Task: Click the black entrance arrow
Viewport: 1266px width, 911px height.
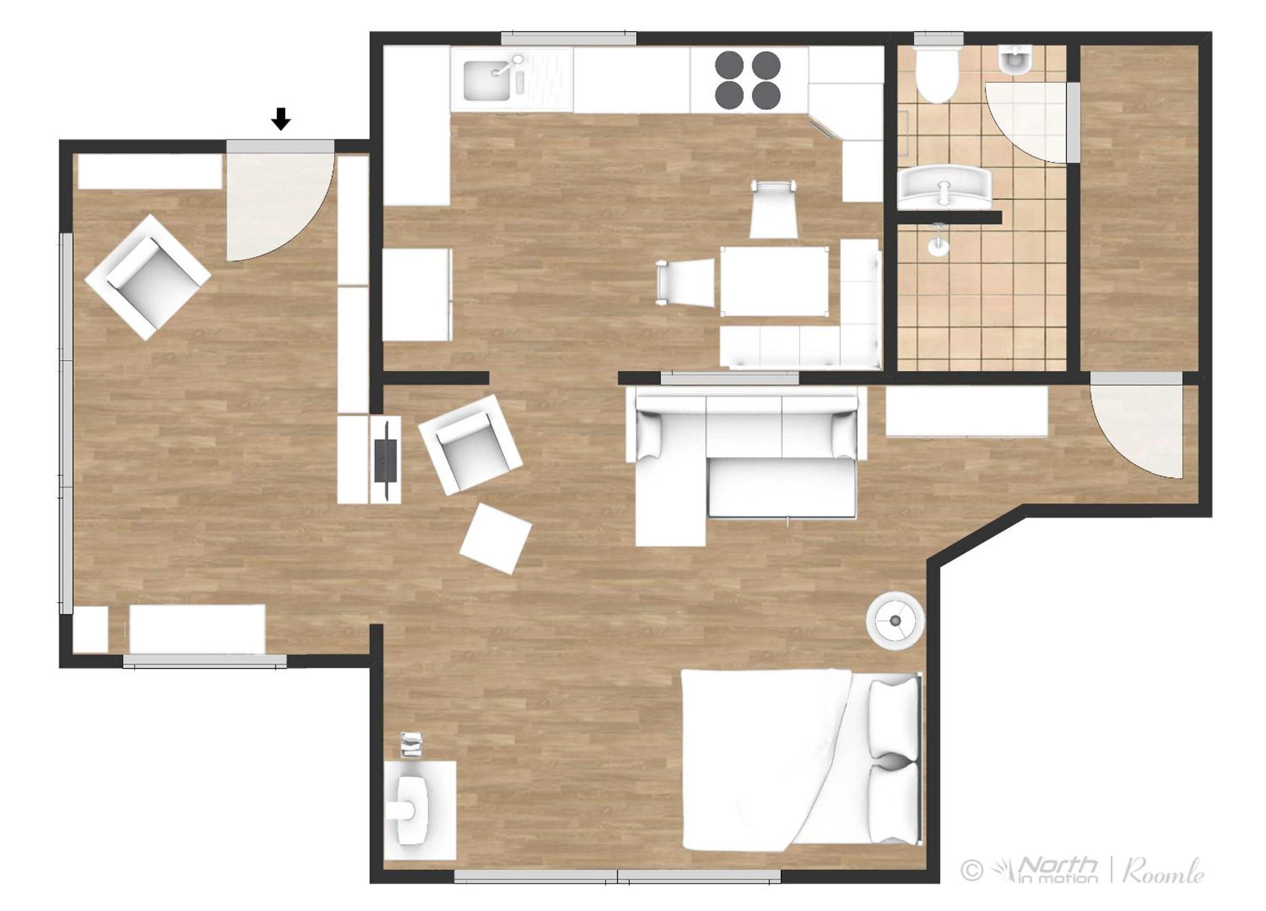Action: click(x=281, y=119)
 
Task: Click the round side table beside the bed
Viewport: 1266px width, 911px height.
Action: click(x=896, y=620)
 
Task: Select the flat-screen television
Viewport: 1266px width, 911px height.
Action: click(x=386, y=460)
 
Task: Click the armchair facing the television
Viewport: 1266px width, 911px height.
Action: click(x=470, y=445)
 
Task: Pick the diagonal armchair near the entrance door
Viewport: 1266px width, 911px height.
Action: click(x=147, y=277)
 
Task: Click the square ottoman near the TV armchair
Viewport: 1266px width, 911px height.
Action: click(x=495, y=538)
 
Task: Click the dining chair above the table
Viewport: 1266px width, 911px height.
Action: click(x=774, y=209)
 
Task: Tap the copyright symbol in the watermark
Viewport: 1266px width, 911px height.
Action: click(x=972, y=870)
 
